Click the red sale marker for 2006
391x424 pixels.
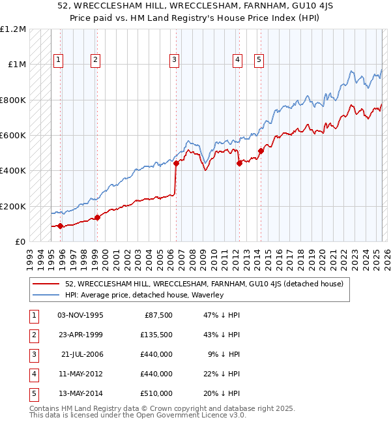[x=176, y=163]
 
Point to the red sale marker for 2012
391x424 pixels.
[x=239, y=163]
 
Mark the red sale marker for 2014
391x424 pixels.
[x=261, y=151]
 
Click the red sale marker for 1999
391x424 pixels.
[x=97, y=217]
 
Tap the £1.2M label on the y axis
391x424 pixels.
[x=13, y=29]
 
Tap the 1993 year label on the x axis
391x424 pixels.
[x=31, y=254]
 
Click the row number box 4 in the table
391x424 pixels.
[x=33, y=374]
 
